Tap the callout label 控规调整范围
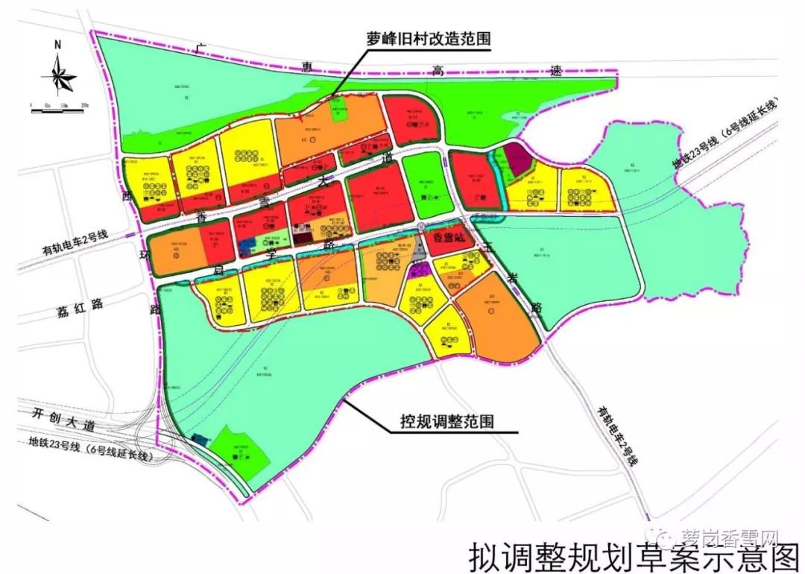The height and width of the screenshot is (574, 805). point(443,422)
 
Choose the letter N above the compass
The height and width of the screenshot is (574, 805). point(57,45)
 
